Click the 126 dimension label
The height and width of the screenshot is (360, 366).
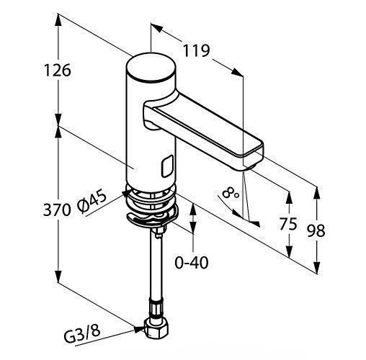click(57, 71)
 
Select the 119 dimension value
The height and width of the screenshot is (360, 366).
click(197, 50)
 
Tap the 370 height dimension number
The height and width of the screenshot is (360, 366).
click(57, 210)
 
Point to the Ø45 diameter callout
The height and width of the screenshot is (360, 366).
click(92, 201)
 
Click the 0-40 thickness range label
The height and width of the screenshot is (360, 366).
click(192, 262)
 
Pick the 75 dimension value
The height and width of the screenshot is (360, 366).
click(288, 224)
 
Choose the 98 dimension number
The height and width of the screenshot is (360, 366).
click(316, 230)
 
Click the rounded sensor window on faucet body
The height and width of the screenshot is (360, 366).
click(167, 166)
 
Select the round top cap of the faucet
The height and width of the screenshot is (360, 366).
click(151, 67)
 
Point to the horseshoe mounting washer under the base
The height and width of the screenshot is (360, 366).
click(152, 217)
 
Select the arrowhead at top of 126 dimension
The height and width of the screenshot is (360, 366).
click(58, 20)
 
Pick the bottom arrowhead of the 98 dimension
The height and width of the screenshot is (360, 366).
click(317, 266)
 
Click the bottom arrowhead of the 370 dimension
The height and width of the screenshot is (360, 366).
click(58, 276)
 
